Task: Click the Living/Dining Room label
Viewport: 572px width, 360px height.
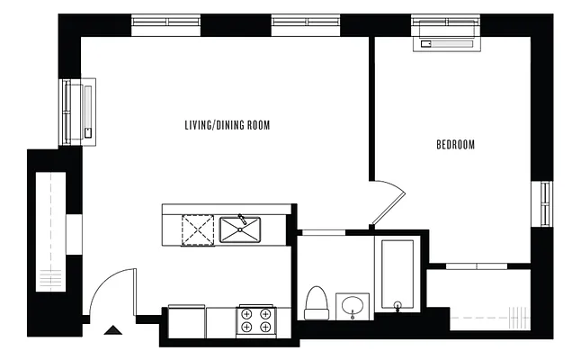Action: [227, 125]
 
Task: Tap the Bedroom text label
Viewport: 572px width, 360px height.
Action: [455, 144]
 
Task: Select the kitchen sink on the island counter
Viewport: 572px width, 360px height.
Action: [240, 229]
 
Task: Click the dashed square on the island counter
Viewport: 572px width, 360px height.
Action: [198, 229]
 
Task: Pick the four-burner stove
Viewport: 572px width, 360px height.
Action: [256, 320]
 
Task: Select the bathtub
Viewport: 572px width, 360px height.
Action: [396, 274]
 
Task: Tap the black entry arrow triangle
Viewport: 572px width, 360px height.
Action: [113, 329]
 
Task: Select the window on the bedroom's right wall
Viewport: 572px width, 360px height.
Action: [545, 205]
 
